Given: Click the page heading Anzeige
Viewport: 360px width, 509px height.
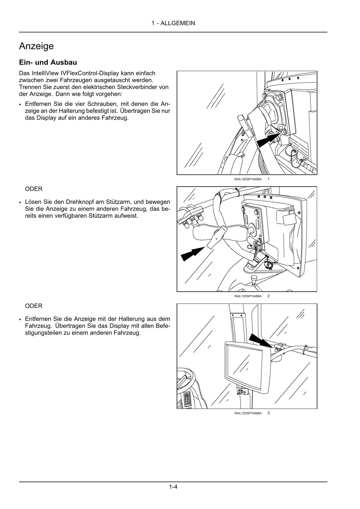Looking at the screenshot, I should click(36, 46).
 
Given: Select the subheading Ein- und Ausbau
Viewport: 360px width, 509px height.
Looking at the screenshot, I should click(48, 62).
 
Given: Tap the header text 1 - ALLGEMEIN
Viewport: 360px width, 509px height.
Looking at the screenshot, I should click(173, 23).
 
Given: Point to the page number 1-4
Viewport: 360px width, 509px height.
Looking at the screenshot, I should click(173, 487).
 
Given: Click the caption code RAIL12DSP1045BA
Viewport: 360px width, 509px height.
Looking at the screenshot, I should click(248, 179).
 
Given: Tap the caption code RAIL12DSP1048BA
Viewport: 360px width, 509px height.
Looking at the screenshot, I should click(248, 296).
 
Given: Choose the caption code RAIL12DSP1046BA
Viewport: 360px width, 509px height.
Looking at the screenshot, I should click(248, 413).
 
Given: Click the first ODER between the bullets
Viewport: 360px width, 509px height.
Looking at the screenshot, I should click(34, 189).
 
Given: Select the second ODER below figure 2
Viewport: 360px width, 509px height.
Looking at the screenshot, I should click(34, 306).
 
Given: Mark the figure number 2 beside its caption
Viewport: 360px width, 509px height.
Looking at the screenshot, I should click(269, 296).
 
